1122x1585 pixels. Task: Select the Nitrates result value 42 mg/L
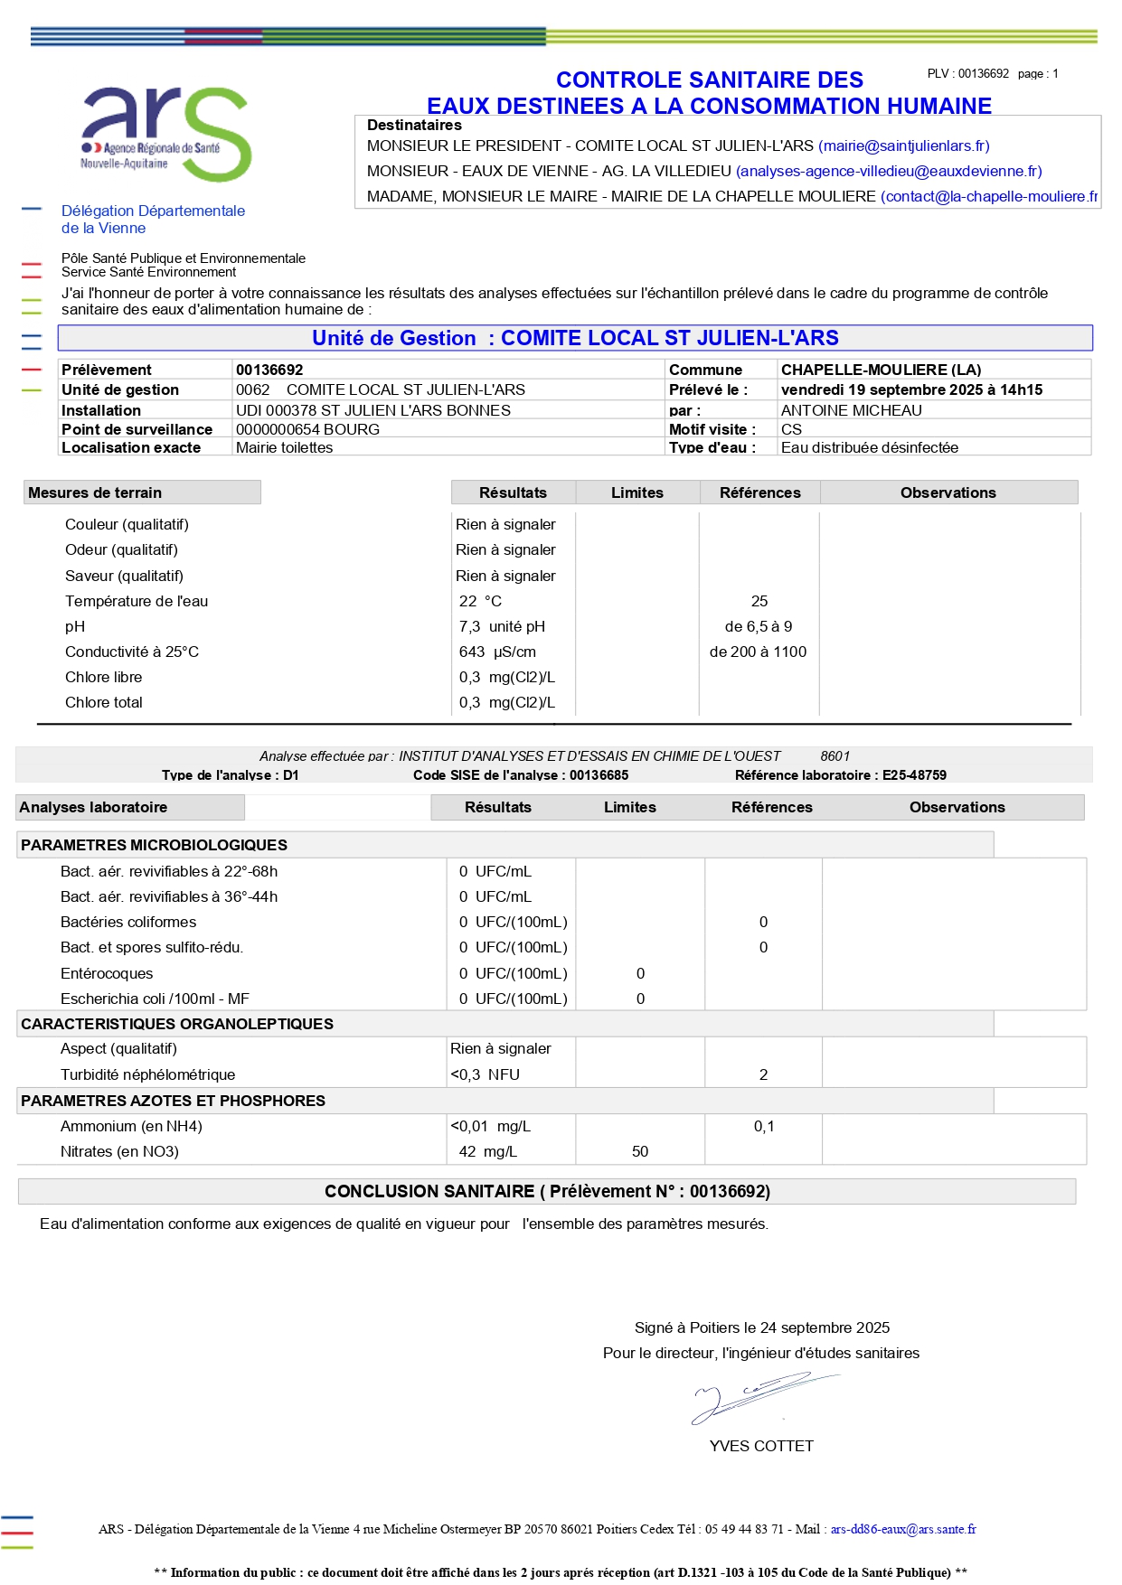point(487,1151)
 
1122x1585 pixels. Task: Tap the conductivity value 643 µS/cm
point(497,652)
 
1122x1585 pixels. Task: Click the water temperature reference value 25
point(759,601)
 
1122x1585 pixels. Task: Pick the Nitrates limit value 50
point(640,1151)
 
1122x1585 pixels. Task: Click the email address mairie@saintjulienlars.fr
point(903,145)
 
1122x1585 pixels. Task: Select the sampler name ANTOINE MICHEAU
point(851,410)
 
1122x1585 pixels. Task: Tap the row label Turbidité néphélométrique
point(147,1074)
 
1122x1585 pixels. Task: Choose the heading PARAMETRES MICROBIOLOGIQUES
point(154,845)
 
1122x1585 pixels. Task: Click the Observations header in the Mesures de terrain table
point(948,492)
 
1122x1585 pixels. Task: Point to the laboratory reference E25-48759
point(914,775)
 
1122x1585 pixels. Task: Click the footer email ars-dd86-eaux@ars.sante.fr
point(903,1529)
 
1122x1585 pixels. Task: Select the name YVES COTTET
point(761,1446)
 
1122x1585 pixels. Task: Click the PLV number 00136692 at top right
point(983,74)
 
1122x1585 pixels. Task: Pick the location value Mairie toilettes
point(284,447)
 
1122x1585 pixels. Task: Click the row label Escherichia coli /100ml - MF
point(155,999)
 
